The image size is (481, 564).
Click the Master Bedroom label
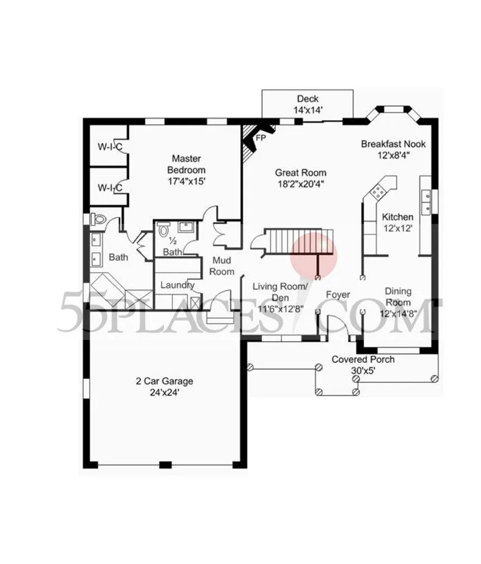186,164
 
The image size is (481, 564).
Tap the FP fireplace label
261,138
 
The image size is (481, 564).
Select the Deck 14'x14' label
308,104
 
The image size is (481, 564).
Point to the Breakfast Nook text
393,144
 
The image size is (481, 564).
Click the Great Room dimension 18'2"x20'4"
301,184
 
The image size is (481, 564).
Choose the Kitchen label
397,217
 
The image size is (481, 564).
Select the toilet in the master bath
98,219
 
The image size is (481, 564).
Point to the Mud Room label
221,266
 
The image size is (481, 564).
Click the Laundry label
177,285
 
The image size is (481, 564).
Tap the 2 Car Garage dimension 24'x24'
164,392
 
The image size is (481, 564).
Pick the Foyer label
338,295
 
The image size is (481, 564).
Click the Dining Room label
398,297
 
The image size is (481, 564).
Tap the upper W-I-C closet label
110,147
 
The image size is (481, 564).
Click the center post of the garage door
166,465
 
